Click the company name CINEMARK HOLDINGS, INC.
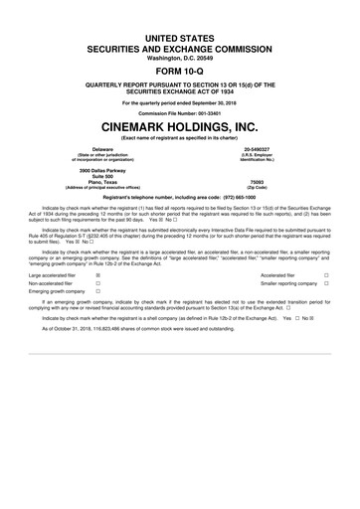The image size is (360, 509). tap(179, 128)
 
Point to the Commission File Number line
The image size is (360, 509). tap(179, 112)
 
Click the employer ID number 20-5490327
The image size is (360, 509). tap(270, 149)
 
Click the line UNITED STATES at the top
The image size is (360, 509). tap(179, 35)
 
